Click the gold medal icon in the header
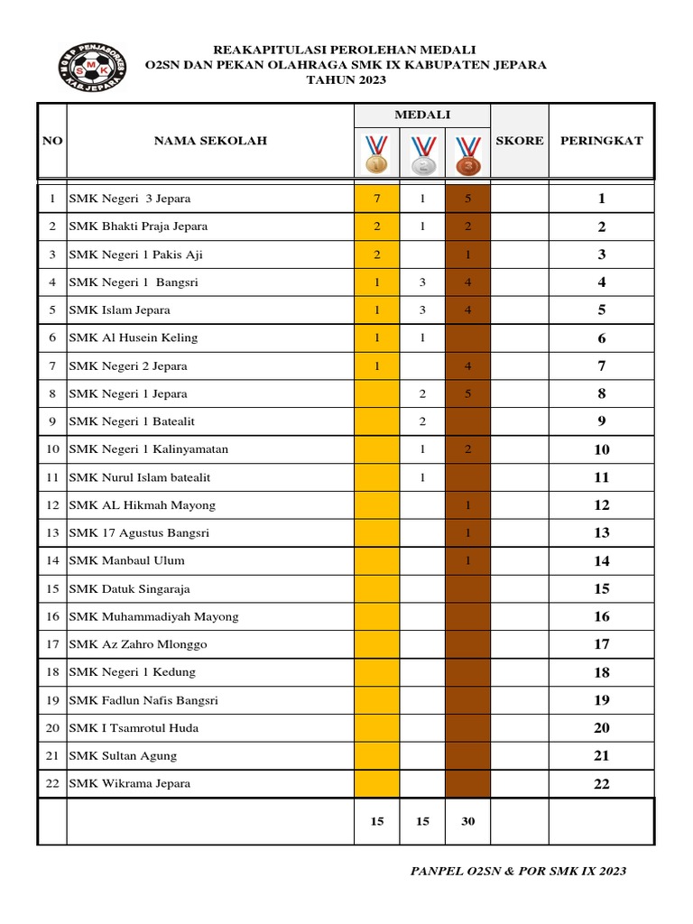tap(376, 153)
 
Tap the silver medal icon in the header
tap(422, 153)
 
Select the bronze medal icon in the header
tap(467, 153)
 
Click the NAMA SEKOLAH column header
tap(210, 141)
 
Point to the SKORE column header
tap(520, 141)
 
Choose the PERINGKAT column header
tap(602, 141)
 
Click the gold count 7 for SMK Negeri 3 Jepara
tap(376, 199)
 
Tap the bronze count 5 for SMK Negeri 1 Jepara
tap(467, 394)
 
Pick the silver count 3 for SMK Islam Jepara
tap(422, 310)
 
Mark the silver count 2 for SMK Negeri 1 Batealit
tap(422, 421)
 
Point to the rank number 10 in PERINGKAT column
tap(602, 450)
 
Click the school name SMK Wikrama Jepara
tap(130, 784)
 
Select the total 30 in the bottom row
tap(467, 821)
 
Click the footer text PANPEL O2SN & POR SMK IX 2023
tap(518, 872)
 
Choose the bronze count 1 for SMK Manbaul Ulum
tap(467, 561)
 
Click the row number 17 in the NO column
tap(52, 644)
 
